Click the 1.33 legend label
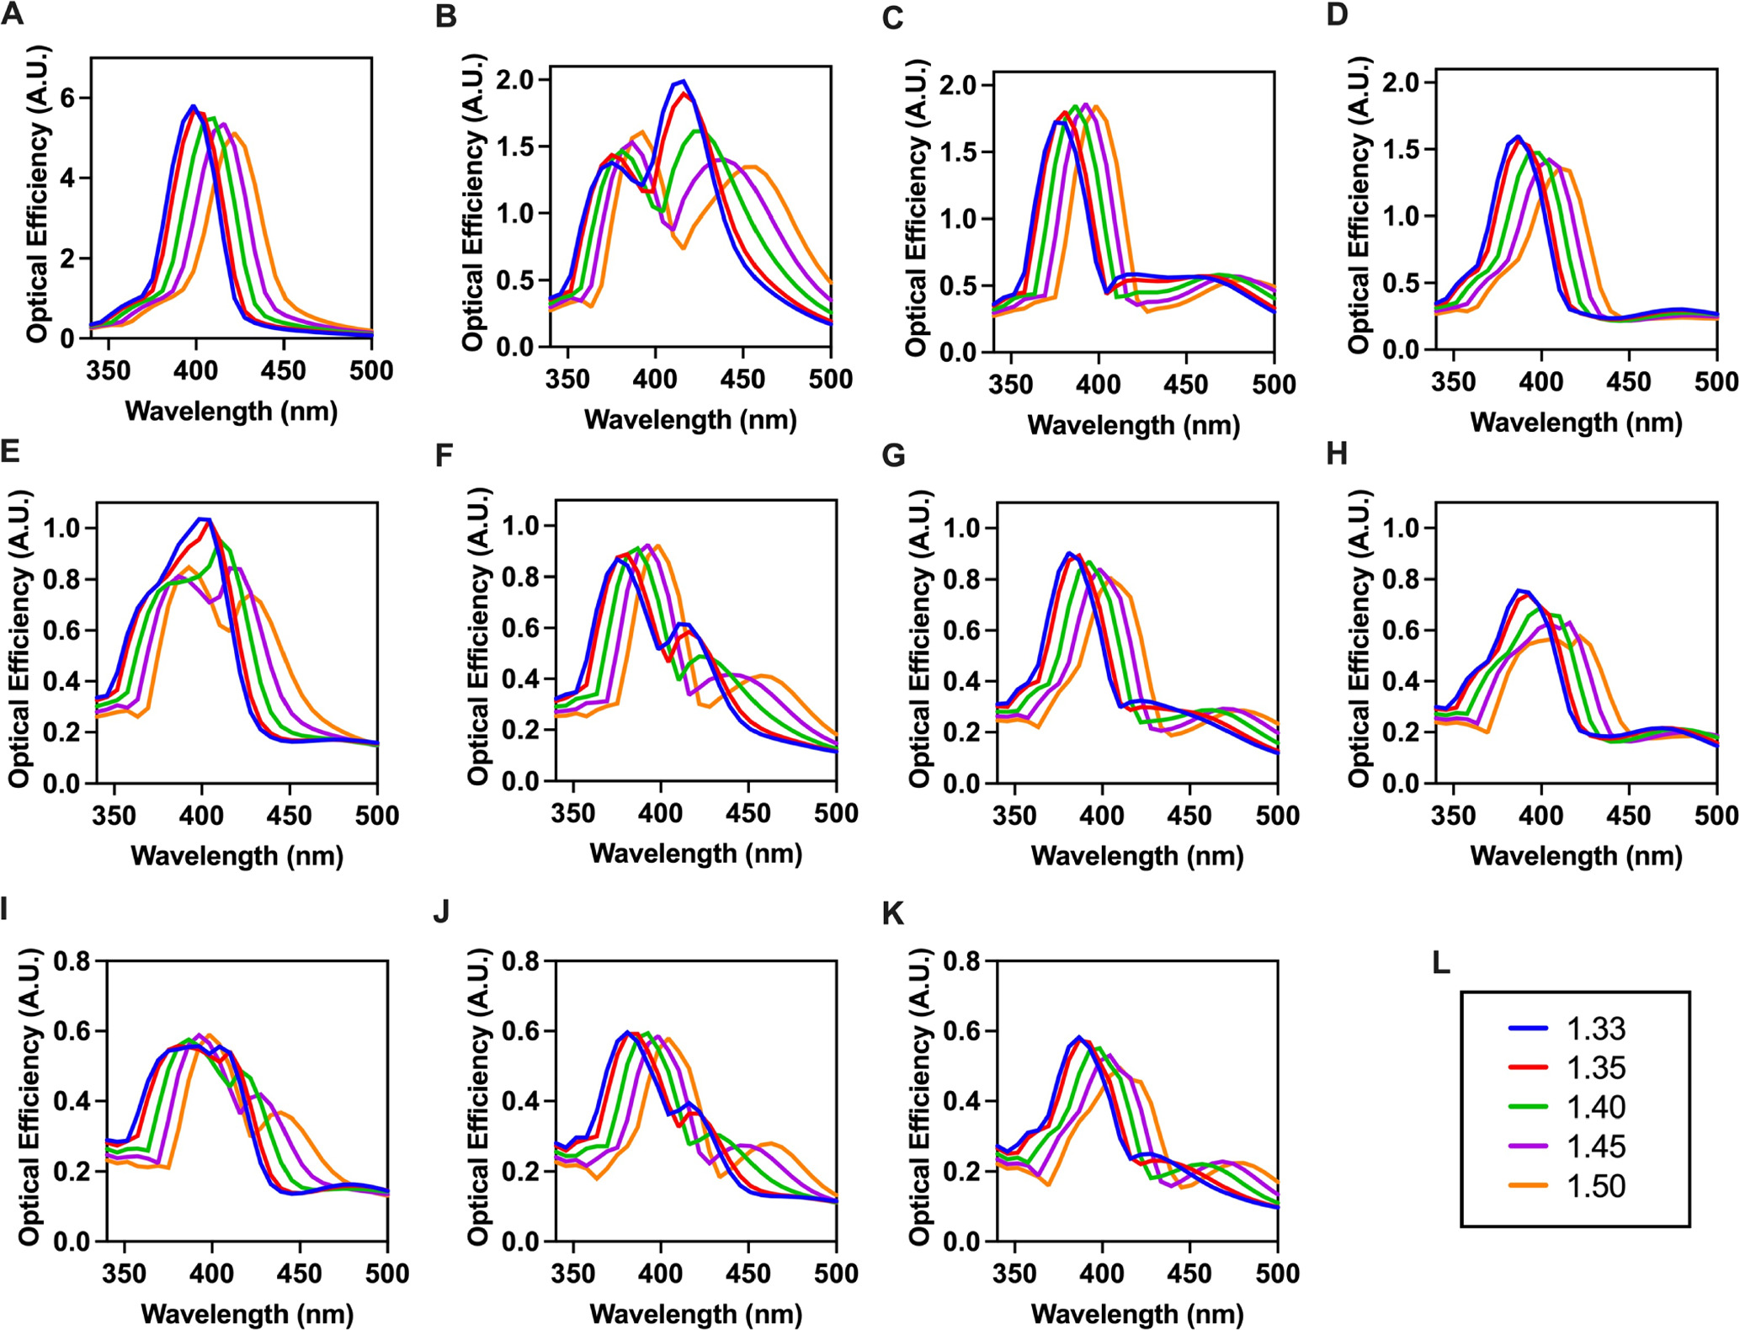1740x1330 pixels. pos(1595,1029)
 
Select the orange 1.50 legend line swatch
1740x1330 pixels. pos(1528,1185)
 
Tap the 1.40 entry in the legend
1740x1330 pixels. pos(1595,1107)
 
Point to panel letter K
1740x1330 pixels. pos(893,913)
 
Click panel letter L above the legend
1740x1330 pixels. pos(1440,962)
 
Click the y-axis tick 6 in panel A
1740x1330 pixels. pos(68,98)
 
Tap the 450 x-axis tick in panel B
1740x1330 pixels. pos(742,380)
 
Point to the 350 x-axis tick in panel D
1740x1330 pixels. pos(1453,382)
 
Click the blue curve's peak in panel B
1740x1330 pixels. pos(684,82)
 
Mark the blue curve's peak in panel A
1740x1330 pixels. pos(194,106)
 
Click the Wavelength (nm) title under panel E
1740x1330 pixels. pos(237,856)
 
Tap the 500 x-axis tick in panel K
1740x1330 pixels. pos(1277,1273)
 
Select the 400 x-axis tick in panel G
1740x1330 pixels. pos(1102,815)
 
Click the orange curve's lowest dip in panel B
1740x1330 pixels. pos(684,247)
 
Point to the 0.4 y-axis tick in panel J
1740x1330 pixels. pos(521,1101)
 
